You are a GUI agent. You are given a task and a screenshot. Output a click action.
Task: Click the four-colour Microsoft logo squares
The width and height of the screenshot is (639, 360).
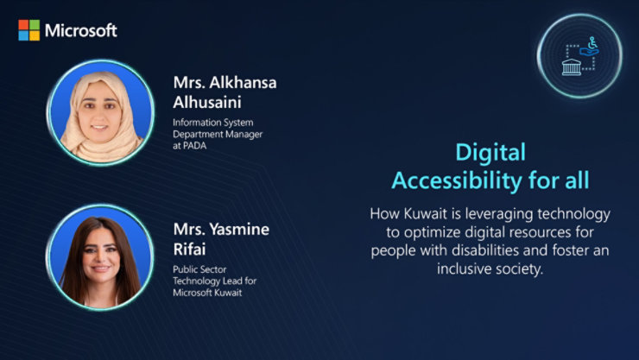click(x=28, y=30)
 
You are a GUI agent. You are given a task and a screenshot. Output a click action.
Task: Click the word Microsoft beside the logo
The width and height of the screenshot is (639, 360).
click(x=80, y=30)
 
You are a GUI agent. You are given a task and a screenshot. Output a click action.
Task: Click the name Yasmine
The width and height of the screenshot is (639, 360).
click(x=238, y=230)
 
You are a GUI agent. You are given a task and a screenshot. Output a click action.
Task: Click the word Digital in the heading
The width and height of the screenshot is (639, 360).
click(x=490, y=153)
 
